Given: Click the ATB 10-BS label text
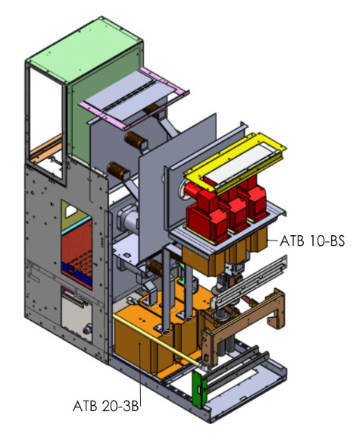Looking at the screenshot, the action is [312, 241].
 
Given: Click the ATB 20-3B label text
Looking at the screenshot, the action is [106, 406].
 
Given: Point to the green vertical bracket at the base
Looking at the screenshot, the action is [199, 390].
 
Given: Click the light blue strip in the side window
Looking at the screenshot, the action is [77, 224].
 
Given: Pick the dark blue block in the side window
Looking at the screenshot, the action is [77, 275].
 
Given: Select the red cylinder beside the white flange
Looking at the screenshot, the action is [192, 191].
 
